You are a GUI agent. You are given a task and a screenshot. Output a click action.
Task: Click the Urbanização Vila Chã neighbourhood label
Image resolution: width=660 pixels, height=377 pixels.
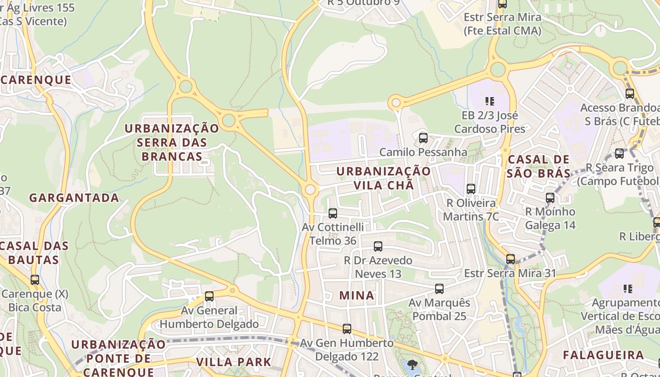384,178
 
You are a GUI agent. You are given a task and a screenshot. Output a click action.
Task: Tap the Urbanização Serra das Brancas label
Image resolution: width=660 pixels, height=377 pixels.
172,142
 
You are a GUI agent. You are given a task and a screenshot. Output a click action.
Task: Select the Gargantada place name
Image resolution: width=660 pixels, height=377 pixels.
74,197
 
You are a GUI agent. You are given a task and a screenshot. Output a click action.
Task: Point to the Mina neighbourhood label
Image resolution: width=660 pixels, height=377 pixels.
357,295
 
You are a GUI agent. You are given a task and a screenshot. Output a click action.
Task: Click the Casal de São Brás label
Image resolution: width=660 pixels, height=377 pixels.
538,166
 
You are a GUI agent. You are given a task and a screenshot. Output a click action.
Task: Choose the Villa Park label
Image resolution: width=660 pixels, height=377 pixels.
233,362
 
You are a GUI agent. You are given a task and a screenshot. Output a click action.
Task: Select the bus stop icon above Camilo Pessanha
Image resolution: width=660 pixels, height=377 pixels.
423,138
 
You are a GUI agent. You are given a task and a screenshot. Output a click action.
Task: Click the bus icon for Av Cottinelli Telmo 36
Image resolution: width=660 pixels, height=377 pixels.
333,213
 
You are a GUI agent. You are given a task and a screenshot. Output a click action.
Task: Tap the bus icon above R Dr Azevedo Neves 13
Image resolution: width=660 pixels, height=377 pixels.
378,246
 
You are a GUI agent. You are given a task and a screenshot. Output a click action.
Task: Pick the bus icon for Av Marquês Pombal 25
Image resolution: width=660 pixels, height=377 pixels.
439,288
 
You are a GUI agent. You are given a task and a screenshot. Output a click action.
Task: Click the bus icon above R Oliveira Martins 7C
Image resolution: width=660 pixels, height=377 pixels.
470,189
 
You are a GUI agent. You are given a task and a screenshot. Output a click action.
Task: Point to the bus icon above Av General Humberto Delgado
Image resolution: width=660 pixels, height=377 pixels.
209,296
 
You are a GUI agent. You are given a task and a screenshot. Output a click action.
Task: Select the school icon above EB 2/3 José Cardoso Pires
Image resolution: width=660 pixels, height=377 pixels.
489,101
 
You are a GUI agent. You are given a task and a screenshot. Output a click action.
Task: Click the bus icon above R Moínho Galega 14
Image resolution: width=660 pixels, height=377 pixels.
550,198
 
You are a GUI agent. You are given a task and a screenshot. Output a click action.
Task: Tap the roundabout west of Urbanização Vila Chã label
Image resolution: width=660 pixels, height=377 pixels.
310,190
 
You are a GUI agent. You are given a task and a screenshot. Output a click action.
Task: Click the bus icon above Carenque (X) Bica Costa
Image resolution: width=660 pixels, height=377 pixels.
35,280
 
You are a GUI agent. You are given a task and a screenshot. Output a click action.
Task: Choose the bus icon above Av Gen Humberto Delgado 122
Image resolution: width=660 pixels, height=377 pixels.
347,328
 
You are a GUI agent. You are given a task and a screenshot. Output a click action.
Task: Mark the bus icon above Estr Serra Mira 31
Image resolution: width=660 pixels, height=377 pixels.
511,259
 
